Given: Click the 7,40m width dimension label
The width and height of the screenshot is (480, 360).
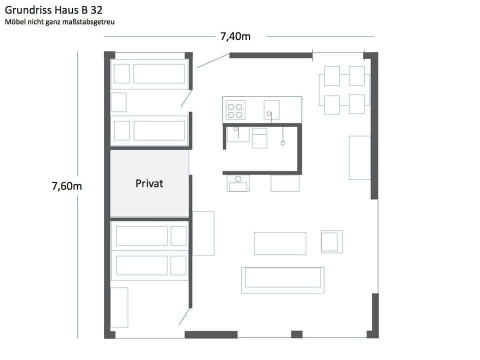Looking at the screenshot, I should [x=235, y=36].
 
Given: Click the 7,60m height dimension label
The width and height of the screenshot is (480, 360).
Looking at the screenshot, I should [x=66, y=186].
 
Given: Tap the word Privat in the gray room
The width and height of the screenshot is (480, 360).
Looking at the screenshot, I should [x=149, y=183].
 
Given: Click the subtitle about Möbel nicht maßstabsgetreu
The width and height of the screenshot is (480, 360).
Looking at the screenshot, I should [x=59, y=22].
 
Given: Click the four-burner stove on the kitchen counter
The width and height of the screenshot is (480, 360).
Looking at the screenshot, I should [x=235, y=110].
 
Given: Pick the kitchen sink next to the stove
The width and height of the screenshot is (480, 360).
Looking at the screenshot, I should [x=271, y=110].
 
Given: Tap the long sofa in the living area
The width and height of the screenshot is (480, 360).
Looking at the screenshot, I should [x=282, y=280].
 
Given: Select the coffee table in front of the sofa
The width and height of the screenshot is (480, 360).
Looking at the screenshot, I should [x=279, y=243].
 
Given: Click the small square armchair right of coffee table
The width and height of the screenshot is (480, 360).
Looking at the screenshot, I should [x=331, y=241].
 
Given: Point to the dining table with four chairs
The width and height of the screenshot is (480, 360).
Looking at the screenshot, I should [x=344, y=90].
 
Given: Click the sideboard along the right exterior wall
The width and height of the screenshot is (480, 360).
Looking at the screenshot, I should [x=359, y=157].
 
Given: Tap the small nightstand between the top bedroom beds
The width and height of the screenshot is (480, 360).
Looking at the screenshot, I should [x=118, y=102].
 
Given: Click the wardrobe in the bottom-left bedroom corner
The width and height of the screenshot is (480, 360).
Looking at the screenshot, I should [x=119, y=307].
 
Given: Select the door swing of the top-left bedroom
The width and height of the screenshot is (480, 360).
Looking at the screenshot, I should [x=186, y=98].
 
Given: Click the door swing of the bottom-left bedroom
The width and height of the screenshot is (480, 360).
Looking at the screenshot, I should [x=184, y=316].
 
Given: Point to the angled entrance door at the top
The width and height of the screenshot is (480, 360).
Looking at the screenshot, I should [x=212, y=60].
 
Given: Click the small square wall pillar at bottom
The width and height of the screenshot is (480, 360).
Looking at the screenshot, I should [x=296, y=334].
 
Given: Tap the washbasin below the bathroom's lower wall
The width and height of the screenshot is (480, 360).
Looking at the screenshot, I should [x=238, y=183].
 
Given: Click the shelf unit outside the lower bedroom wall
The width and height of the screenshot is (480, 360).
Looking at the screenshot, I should [x=203, y=233].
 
